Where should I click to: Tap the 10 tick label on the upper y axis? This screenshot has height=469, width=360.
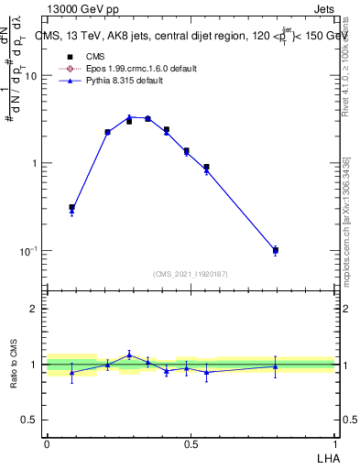pyautogui.click(x=30, y=76)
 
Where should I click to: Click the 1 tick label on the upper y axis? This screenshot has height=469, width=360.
pyautogui.click(x=34, y=163)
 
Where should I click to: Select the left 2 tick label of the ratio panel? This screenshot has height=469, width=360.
pyautogui.click(x=34, y=309)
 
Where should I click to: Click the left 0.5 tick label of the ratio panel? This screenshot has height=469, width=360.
pyautogui.click(x=30, y=420)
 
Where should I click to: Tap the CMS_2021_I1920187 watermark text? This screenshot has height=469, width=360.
pyautogui.click(x=191, y=273)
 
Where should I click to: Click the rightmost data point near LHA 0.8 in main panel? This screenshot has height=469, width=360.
pyautogui.click(x=275, y=250)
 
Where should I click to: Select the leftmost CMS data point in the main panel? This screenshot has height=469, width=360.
pyautogui.click(x=72, y=208)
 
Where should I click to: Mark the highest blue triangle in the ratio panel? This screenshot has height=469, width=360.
pyautogui.click(x=129, y=354)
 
